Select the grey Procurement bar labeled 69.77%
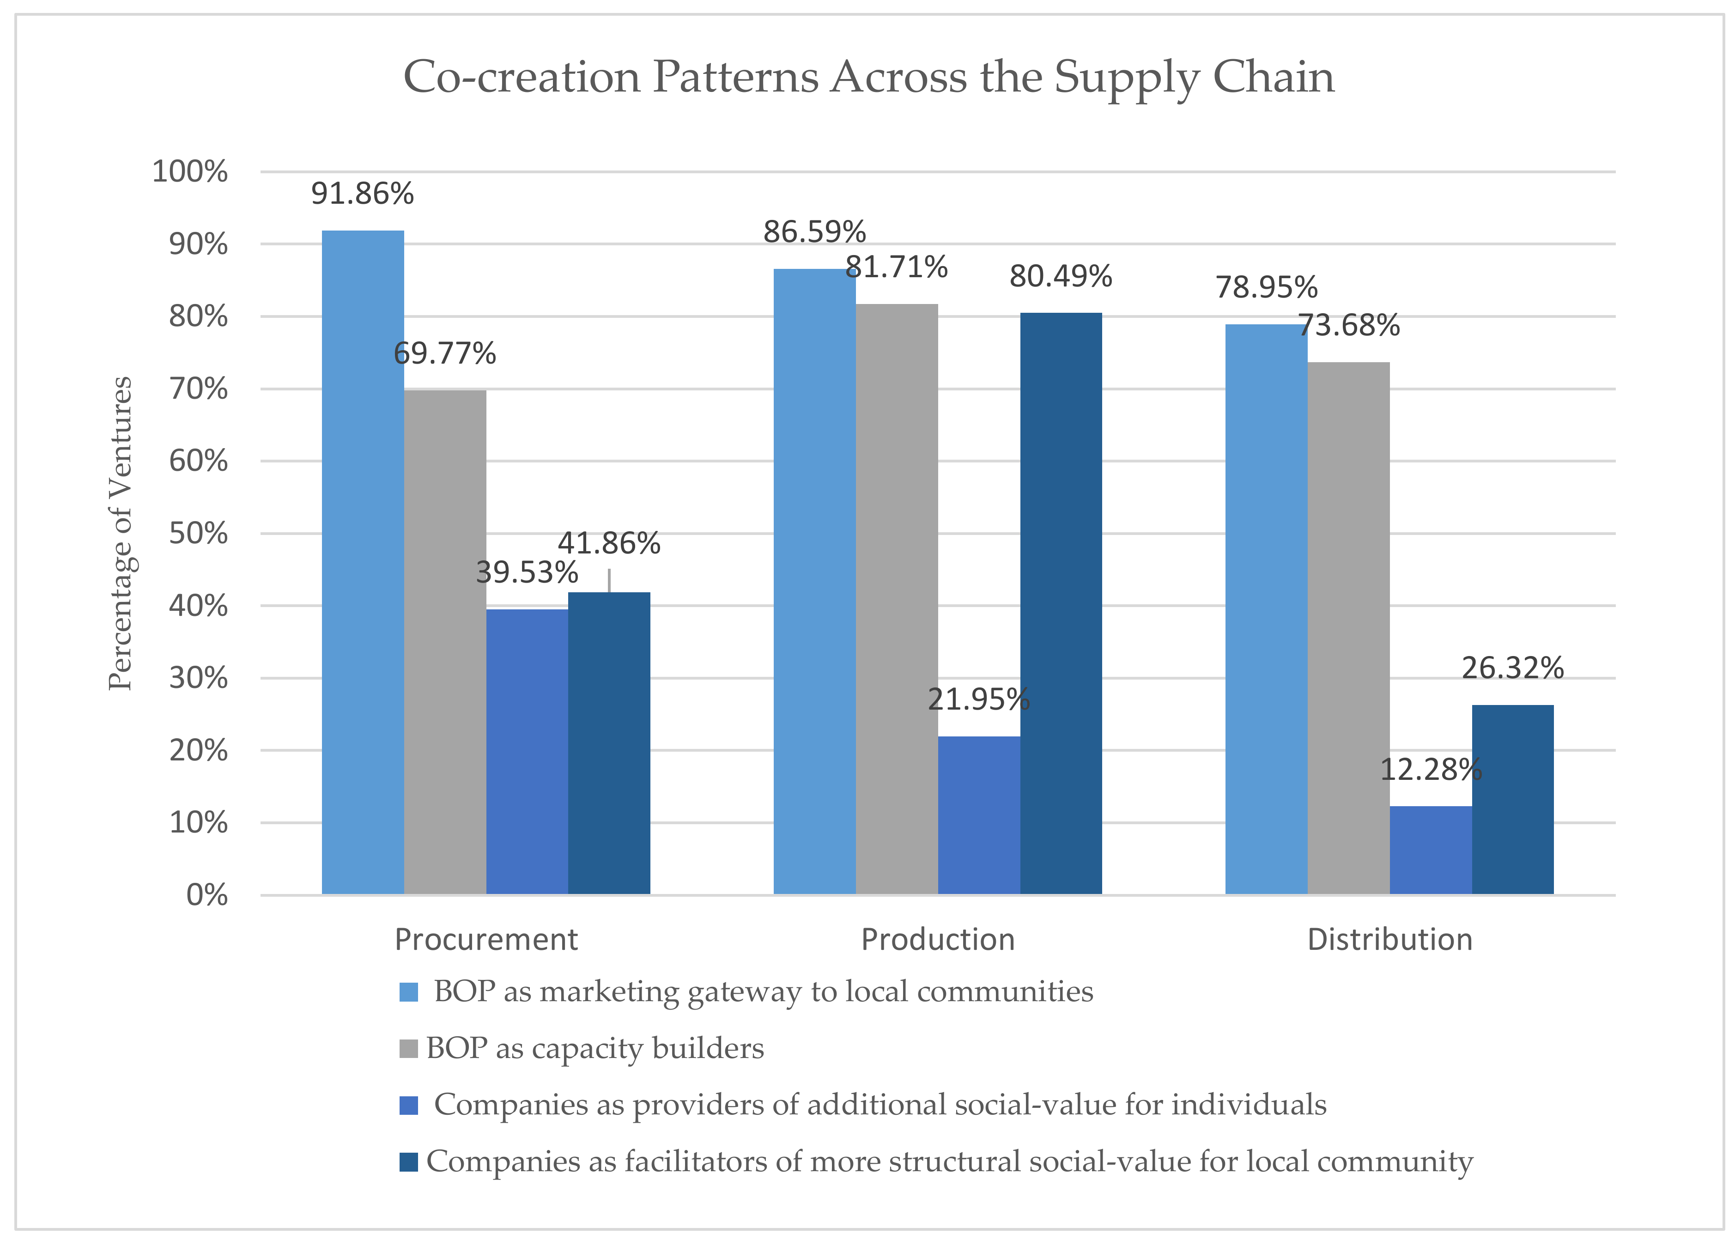click(x=445, y=641)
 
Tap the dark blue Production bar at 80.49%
click(x=1061, y=603)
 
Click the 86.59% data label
click(x=814, y=232)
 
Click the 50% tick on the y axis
click(x=199, y=533)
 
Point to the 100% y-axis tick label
click(x=190, y=172)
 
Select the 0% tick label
click(x=207, y=895)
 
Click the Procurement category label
click(x=486, y=939)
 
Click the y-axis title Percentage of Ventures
click(x=121, y=533)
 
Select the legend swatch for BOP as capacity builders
click(x=408, y=1048)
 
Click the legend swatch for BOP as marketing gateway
click(x=408, y=992)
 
